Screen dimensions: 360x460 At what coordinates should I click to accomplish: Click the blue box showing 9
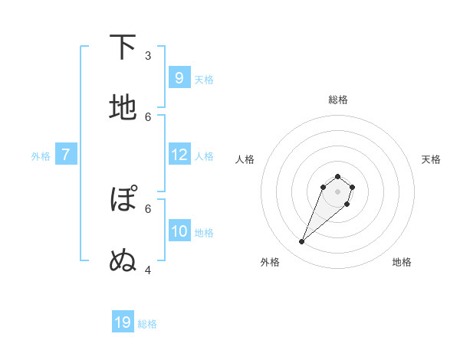(x=179, y=77)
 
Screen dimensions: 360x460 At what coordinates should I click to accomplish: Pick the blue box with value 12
(x=179, y=155)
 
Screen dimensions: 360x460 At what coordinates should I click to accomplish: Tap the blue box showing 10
(x=179, y=231)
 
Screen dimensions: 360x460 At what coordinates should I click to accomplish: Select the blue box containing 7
(x=66, y=155)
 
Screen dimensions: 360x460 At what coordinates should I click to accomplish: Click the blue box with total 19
(x=123, y=322)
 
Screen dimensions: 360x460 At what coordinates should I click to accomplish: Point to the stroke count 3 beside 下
(x=148, y=55)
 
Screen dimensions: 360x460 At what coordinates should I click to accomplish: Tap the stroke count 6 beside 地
(x=148, y=116)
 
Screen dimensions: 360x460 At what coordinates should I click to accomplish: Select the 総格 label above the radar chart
(x=337, y=100)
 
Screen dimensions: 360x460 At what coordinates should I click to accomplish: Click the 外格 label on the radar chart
(x=270, y=262)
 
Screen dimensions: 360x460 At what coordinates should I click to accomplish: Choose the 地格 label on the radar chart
(x=402, y=262)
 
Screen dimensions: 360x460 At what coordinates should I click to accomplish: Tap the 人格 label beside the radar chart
(x=245, y=159)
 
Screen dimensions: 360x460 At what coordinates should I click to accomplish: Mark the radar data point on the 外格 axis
(x=302, y=242)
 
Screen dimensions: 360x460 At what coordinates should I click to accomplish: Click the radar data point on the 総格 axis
(x=337, y=177)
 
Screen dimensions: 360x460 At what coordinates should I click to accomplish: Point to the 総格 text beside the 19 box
(x=147, y=324)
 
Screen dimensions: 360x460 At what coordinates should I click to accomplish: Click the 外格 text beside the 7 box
(x=41, y=156)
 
